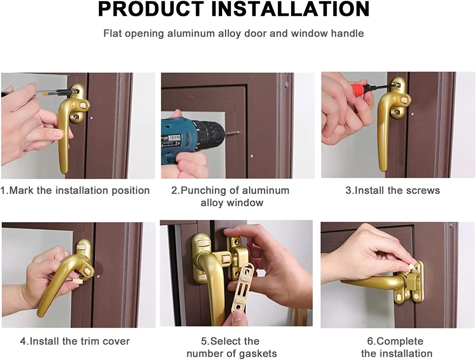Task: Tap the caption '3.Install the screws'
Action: coord(393,190)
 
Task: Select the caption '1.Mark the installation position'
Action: coord(75,191)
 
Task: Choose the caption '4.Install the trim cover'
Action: coord(75,341)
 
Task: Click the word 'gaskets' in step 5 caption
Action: coord(258,354)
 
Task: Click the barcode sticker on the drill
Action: coord(174,138)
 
